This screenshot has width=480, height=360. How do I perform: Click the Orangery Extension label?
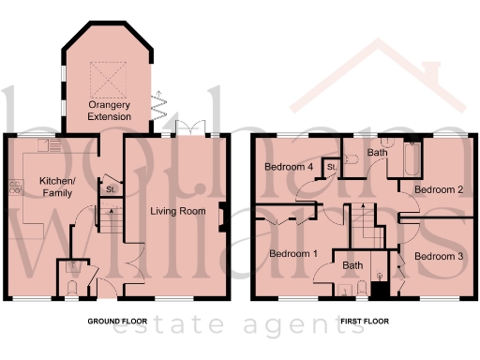109,111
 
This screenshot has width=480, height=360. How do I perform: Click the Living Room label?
177,211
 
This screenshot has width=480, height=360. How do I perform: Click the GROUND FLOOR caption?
115,322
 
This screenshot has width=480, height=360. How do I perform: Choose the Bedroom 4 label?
288,168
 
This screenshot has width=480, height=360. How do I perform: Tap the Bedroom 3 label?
440,255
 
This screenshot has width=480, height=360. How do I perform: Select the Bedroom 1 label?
294,254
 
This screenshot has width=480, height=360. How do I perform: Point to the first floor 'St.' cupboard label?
331,168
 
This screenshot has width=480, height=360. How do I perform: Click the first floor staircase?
364,225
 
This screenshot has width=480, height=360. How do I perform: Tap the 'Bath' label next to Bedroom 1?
352,265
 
